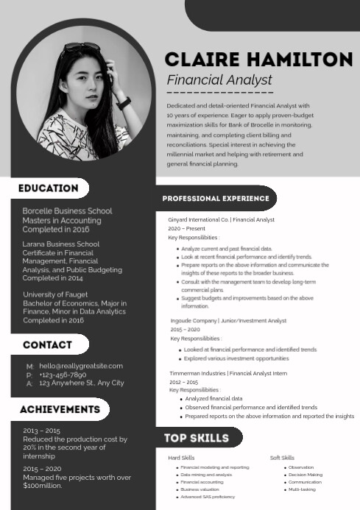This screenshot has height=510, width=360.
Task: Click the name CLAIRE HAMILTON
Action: [258, 60]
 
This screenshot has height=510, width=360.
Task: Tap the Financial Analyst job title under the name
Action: [219, 80]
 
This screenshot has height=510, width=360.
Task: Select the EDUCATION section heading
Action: [49, 188]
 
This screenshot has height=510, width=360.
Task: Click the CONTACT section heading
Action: [47, 344]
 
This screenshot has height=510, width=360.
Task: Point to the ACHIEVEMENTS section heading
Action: [60, 409]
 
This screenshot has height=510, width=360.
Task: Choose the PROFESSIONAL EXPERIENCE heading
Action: [216, 199]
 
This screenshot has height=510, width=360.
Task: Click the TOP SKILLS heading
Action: [197, 438]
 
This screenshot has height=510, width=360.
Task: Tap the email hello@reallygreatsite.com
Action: [81, 366]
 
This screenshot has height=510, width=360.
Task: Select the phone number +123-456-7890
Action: [68, 375]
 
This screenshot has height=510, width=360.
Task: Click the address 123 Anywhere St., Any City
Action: [82, 383]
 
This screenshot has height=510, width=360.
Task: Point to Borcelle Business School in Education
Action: [67, 211]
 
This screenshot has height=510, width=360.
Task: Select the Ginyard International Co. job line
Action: [221, 219]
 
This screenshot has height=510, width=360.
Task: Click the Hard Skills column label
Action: [181, 458]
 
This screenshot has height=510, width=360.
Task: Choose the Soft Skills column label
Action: [282, 458]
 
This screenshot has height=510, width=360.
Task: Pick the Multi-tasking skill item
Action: [302, 489]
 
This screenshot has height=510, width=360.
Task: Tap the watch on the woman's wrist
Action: [123, 102]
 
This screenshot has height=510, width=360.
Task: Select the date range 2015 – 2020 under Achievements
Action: [41, 469]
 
